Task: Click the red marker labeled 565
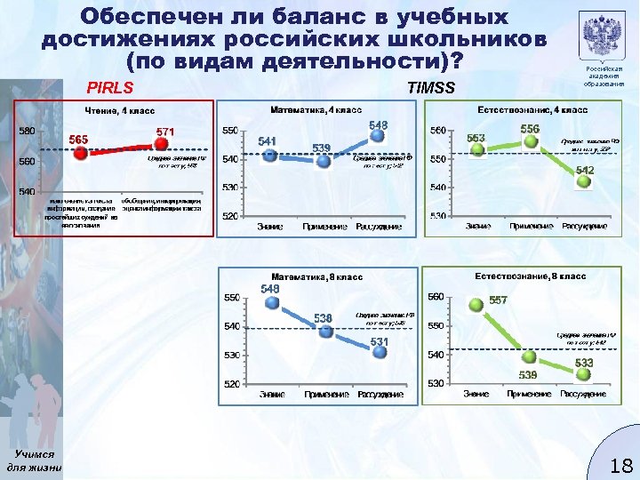coord(80,153)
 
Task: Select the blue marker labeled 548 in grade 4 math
coord(380,138)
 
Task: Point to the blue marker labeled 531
coord(380,351)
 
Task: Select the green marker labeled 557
coord(476,304)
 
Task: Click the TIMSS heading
coord(429,88)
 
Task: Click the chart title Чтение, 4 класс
coord(119,111)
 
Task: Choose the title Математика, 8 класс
coord(316,277)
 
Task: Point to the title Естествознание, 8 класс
coord(531,277)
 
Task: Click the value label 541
coord(267,140)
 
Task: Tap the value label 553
coord(476,138)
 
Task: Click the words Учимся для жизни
coord(33,460)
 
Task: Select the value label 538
coord(323,317)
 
